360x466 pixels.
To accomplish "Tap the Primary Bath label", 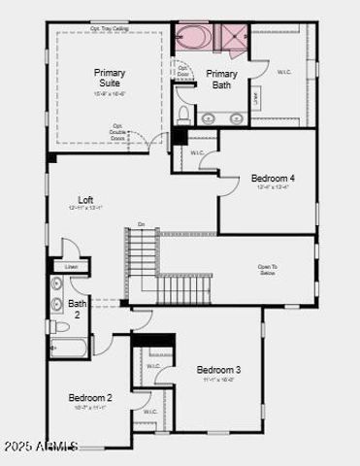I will click(x=222, y=79).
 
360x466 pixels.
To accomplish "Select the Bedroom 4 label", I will click(x=273, y=178).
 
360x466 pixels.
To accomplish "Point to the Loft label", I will click(x=86, y=200).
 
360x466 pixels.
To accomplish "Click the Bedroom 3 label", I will click(x=218, y=370).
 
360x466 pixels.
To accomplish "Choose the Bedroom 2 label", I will click(x=90, y=398).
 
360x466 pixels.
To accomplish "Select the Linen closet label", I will click(x=71, y=267).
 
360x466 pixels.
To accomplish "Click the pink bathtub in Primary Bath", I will click(x=193, y=38).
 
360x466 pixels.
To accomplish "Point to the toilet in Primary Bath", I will click(x=183, y=114).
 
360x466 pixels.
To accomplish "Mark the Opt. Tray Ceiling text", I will click(x=110, y=28).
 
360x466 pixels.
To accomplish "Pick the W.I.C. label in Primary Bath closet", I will click(x=284, y=72).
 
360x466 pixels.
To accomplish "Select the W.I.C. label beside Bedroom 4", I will click(x=197, y=153).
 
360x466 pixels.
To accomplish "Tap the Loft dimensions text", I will click(x=86, y=209).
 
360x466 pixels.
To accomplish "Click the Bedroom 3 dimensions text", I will click(x=218, y=380).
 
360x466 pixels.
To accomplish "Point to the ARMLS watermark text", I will click(x=40, y=446).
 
